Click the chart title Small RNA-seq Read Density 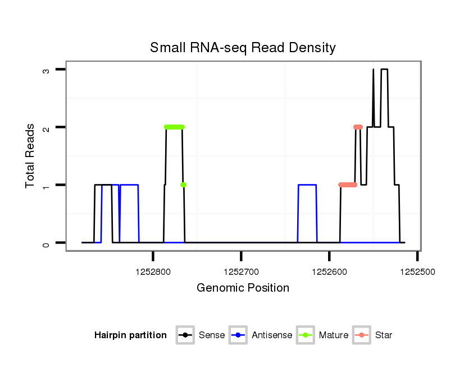(x=243, y=48)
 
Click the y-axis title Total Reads (x=30, y=156)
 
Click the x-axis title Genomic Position (x=243, y=288)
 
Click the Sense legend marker (x=185, y=335)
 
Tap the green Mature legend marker (x=306, y=335)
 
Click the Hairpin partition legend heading (x=130, y=335)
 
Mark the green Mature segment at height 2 (x=174, y=127)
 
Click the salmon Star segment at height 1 (x=348, y=185)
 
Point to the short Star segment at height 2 (x=358, y=127)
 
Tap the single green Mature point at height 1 (x=183, y=185)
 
